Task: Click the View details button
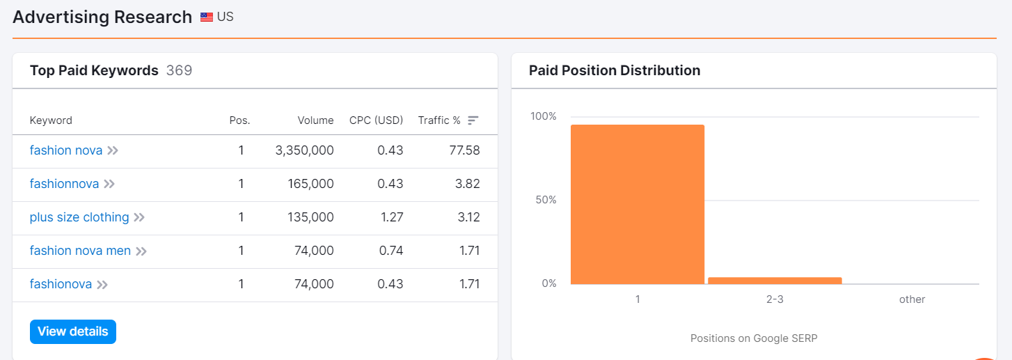coord(73,331)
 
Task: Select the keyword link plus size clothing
coord(79,217)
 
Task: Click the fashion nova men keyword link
coord(80,251)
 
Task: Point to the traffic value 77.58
coord(464,150)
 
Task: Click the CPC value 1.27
coord(392,217)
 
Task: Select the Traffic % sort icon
coord(473,120)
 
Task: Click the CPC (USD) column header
coord(376,120)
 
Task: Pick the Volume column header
coord(315,120)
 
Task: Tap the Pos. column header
coord(239,120)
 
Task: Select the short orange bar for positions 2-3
coord(775,281)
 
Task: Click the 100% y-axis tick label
coord(544,116)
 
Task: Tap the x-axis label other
coord(912,299)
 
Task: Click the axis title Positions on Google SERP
coord(754,338)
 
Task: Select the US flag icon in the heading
coord(207,17)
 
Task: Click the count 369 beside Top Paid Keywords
coord(179,70)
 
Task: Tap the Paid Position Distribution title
coord(615,70)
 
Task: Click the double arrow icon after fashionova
coord(102,284)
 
